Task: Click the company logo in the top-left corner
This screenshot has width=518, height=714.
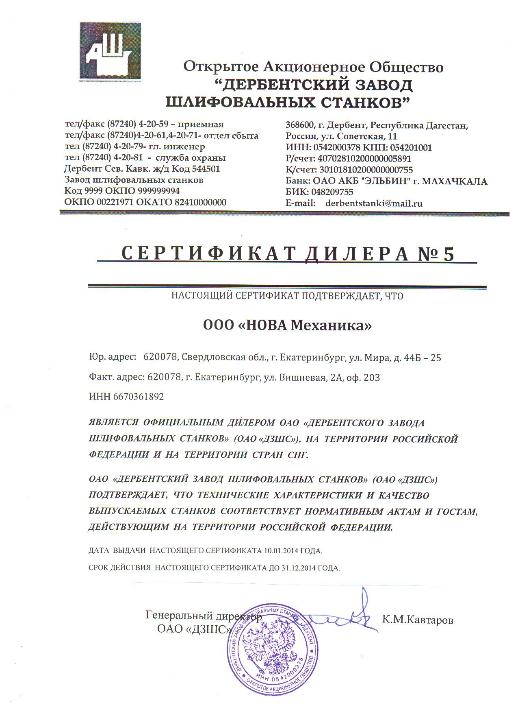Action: pos(110,51)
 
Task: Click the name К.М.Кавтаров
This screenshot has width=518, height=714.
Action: pos(418,620)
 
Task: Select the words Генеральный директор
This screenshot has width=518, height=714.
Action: pos(203,615)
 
